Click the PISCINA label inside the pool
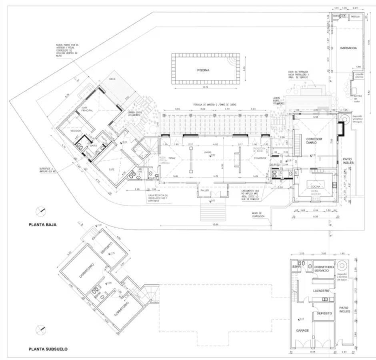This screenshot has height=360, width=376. tap(203, 70)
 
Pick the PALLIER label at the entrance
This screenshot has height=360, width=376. tap(205, 191)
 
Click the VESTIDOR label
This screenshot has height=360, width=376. tap(76, 131)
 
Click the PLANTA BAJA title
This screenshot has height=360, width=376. tap(42, 225)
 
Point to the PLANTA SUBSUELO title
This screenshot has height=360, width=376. tap(48, 349)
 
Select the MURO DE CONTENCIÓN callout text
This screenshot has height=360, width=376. tap(256, 214)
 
